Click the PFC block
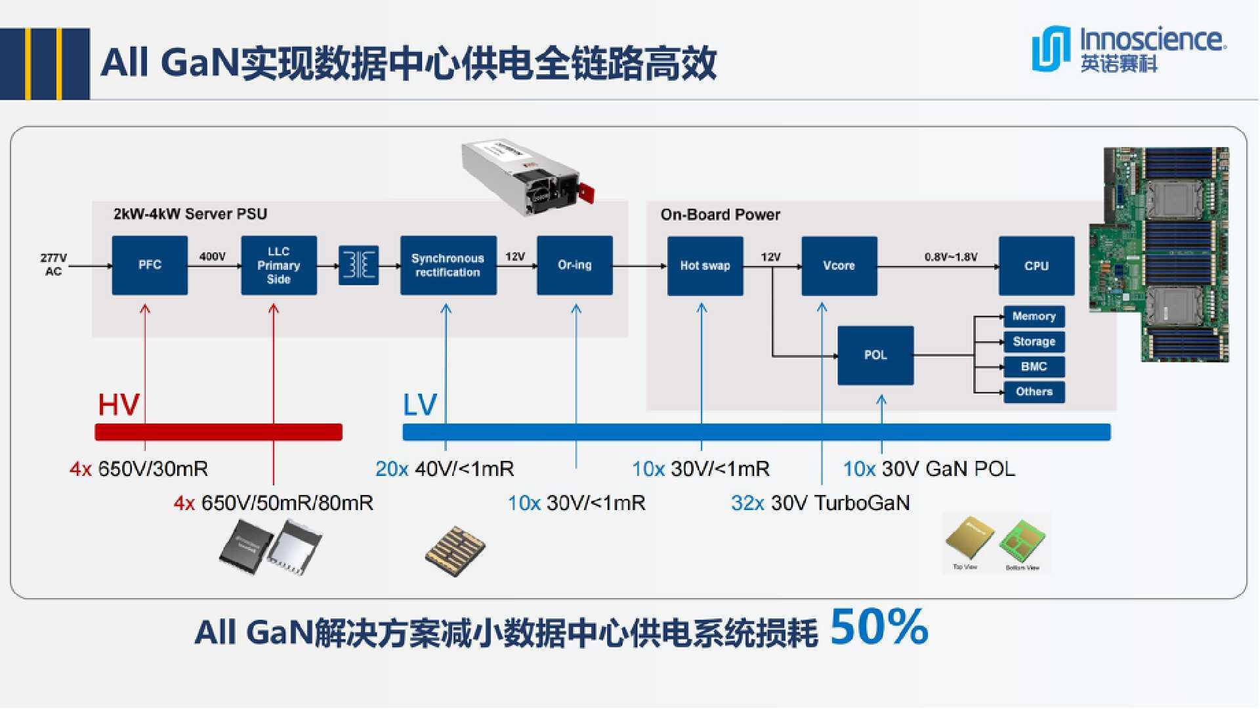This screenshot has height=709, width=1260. (150, 265)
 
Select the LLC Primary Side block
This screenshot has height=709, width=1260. (279, 265)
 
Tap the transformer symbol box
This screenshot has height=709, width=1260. (359, 265)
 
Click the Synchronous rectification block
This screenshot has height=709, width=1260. (448, 265)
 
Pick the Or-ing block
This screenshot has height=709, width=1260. (575, 265)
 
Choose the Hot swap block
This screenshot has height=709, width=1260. (705, 266)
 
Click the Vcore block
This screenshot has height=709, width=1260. (839, 266)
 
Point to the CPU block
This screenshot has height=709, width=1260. (1037, 266)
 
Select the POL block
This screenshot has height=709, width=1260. (875, 355)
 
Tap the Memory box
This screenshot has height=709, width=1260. (1034, 316)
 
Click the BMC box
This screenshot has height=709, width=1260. (1034, 367)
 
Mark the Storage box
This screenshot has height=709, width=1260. (1034, 341)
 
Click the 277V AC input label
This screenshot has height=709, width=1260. (53, 265)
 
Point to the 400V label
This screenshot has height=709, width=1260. (213, 257)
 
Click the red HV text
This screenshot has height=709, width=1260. (119, 404)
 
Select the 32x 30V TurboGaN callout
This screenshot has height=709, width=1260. (820, 504)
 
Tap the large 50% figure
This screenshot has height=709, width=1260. (879, 628)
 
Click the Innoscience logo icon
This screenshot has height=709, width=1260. (1050, 48)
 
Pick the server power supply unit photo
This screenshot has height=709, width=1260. (528, 177)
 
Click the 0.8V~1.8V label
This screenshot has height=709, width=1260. (951, 257)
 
